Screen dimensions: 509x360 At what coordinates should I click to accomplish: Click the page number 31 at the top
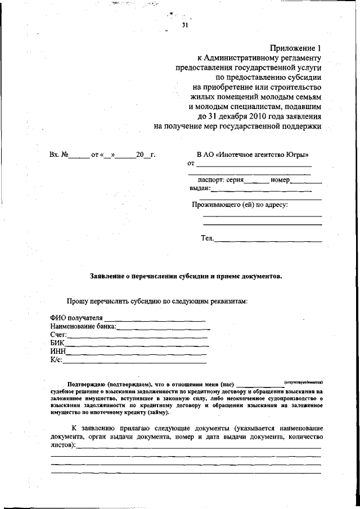[x=185, y=25]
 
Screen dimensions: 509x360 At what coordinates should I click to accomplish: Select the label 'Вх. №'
[x=59, y=154]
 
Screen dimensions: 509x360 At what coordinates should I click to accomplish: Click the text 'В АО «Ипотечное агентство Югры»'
[x=252, y=154]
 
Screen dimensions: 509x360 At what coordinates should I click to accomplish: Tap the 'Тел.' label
[x=207, y=238]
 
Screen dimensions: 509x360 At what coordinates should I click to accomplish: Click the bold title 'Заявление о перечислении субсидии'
[x=186, y=277]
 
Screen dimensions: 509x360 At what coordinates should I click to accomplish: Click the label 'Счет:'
[x=58, y=335]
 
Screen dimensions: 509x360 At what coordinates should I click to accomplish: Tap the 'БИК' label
[x=57, y=344]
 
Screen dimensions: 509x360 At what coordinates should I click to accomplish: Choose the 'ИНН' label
[x=58, y=352]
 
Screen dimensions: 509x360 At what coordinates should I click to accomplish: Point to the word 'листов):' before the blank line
[x=63, y=444]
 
